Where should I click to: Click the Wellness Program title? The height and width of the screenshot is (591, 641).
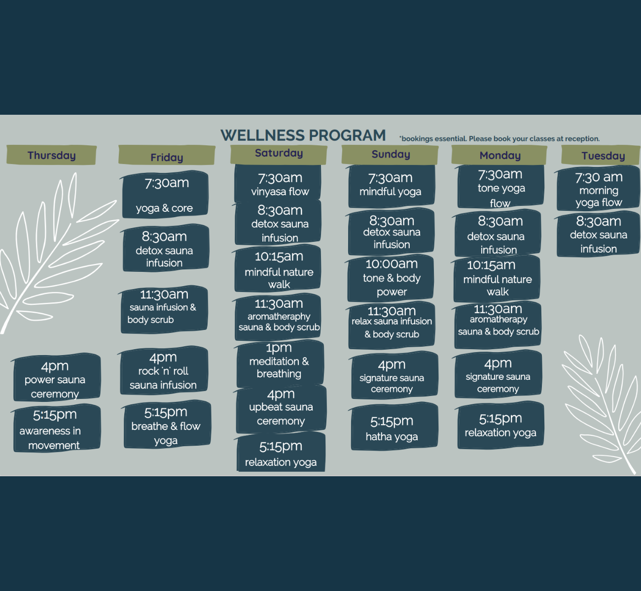303,135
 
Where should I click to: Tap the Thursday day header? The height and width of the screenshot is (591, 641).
51,155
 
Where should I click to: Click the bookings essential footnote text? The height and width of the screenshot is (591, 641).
499,139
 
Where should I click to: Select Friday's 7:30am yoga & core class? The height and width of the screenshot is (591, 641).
165,195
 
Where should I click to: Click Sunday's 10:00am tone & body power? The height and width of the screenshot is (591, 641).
391,278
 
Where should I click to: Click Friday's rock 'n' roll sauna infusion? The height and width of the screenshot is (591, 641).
164,371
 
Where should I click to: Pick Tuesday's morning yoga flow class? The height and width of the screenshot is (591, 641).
598,189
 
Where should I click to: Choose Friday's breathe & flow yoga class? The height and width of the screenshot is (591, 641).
167,425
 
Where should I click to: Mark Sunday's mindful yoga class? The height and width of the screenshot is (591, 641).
392,185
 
